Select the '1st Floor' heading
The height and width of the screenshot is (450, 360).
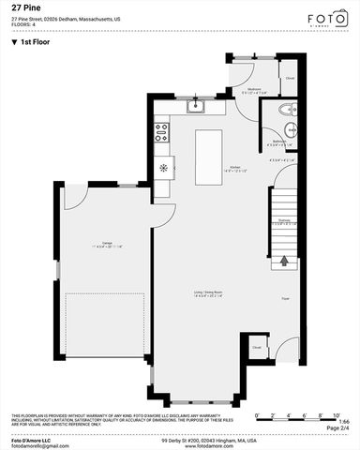click(34, 42)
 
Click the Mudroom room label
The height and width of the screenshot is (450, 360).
click(253, 91)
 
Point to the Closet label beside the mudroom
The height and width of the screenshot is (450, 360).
click(290, 79)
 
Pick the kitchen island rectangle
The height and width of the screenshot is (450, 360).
click(210, 152)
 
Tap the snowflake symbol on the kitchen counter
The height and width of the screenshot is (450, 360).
click(163, 169)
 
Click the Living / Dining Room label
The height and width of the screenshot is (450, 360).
click(208, 292)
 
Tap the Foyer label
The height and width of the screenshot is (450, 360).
click(285, 299)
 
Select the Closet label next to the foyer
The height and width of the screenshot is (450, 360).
click(256, 348)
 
